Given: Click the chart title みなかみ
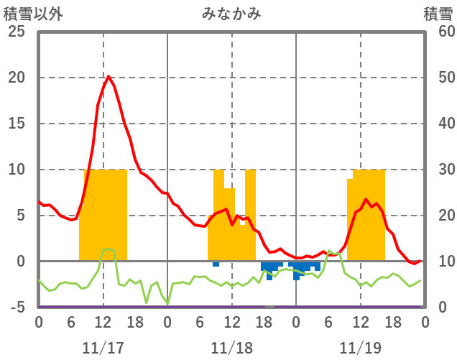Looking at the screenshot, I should pos(231,14).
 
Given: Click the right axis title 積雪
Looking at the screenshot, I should pos(438,14).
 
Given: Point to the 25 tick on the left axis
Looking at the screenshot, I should pos(16,32).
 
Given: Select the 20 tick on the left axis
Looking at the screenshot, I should pos(16,78).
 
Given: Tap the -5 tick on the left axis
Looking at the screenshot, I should pos(16,308).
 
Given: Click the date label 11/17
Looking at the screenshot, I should pos(103,349).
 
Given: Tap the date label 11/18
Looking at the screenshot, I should pos(231,349).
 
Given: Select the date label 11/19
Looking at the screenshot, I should pos(361,349).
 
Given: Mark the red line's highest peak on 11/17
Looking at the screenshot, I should pos(109,76).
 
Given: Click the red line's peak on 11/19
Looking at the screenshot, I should pos(366,199).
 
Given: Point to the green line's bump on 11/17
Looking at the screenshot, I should pos(108,249).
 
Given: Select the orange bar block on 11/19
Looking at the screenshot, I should pos(366,216).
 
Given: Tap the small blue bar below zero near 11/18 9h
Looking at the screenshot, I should pos(216,264).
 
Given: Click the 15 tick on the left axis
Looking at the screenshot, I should pos(16,124).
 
